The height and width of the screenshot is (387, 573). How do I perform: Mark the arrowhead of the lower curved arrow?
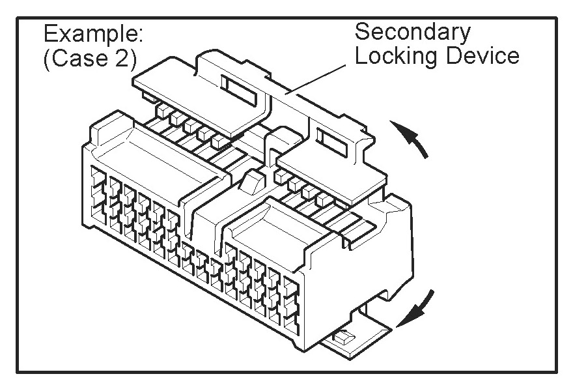tap(405, 318)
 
